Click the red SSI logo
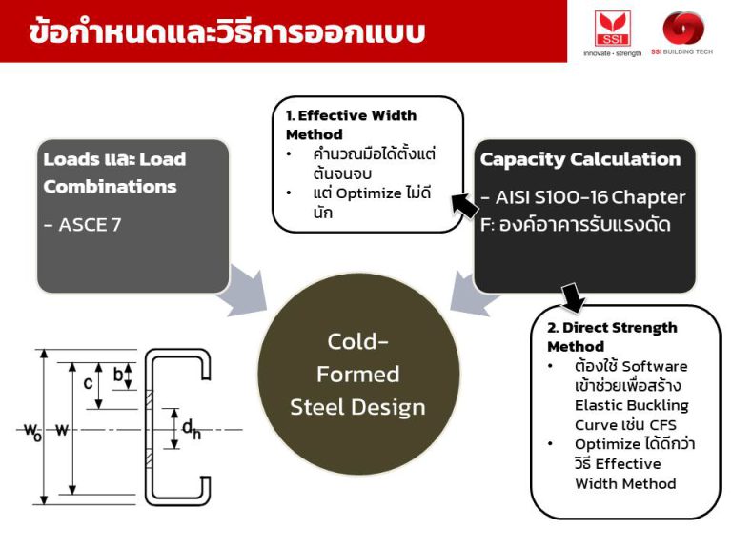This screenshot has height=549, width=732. pyautogui.click(x=613, y=28)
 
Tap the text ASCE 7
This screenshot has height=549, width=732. pyautogui.click(x=83, y=225)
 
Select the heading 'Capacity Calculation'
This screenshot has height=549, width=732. pyautogui.click(x=580, y=159)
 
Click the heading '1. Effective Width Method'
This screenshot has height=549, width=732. pyautogui.click(x=351, y=125)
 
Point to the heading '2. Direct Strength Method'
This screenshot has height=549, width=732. pyautogui.click(x=612, y=336)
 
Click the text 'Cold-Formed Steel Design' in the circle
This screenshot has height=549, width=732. pyautogui.click(x=358, y=374)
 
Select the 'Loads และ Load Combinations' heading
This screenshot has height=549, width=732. pyautogui.click(x=114, y=173)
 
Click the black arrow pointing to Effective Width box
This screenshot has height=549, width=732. pyautogui.click(x=463, y=203)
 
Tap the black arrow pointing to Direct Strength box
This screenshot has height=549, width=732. pyautogui.click(x=574, y=298)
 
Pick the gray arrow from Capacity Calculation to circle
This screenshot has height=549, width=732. pyautogui.click(x=469, y=292)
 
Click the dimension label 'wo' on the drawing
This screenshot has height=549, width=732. pyautogui.click(x=31, y=430)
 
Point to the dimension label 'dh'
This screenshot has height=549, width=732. pyautogui.click(x=192, y=430)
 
